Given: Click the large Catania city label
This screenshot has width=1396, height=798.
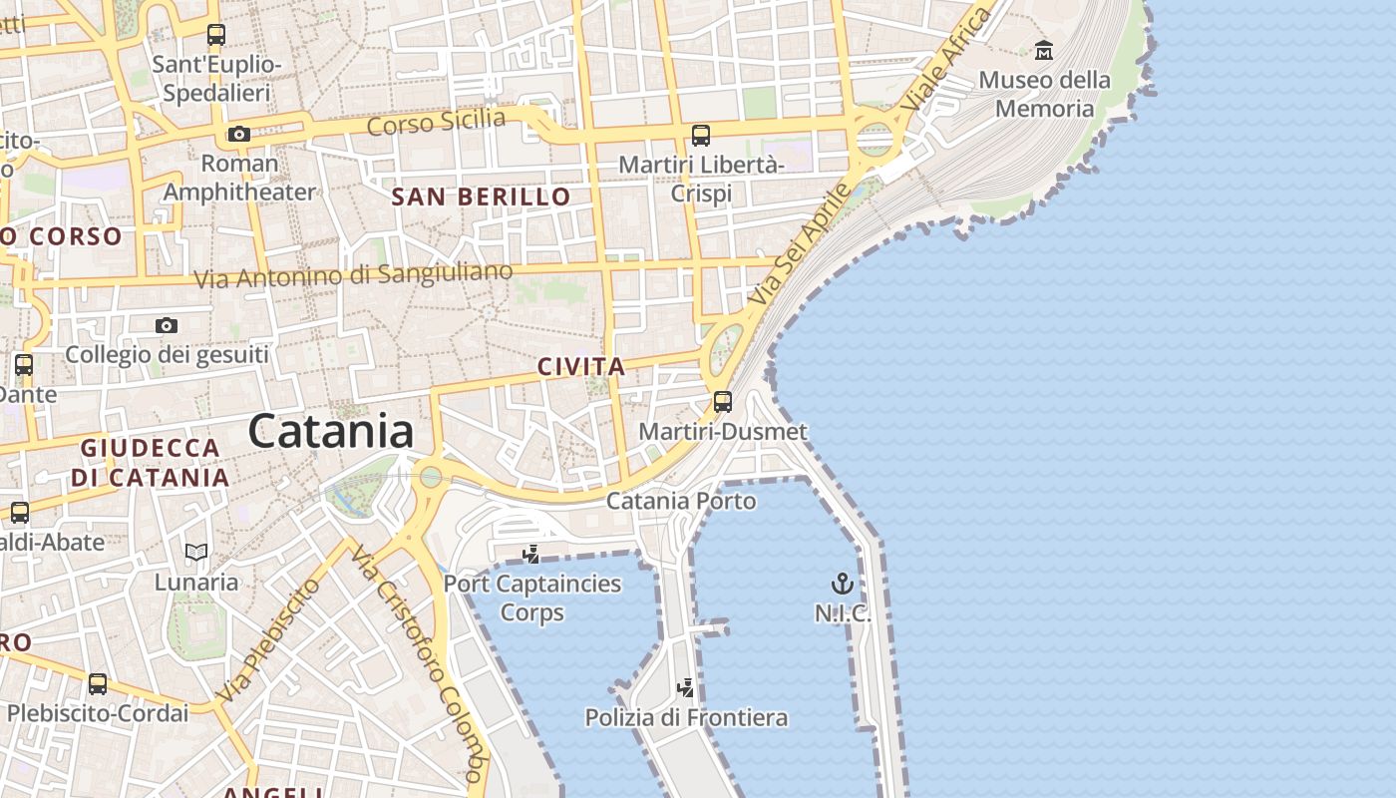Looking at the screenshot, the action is pyautogui.click(x=330, y=431).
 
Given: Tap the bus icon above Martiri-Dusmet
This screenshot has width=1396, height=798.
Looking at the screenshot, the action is pyautogui.click(x=723, y=402).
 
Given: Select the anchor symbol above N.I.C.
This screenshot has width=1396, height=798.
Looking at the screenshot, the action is pyautogui.click(x=843, y=584).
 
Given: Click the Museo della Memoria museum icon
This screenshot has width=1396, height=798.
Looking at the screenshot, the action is pyautogui.click(x=1044, y=49).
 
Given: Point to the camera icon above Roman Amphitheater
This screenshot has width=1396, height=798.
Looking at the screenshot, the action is pyautogui.click(x=238, y=134).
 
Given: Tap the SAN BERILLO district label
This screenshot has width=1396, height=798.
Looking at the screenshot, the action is pyautogui.click(x=481, y=197).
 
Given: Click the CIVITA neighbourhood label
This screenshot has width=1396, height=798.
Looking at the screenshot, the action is pyautogui.click(x=581, y=366).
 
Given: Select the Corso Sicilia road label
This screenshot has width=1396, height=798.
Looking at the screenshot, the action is pyautogui.click(x=436, y=122).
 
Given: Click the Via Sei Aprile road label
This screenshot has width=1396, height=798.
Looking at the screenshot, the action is pyautogui.click(x=800, y=244).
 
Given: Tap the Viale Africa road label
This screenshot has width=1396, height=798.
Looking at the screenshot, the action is pyautogui.click(x=946, y=60).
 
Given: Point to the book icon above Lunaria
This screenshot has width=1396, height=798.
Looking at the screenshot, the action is pyautogui.click(x=196, y=552).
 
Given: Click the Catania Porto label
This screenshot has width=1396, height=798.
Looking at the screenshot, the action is pyautogui.click(x=681, y=500).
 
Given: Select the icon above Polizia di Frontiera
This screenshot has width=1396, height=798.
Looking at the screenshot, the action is pyautogui.click(x=685, y=687).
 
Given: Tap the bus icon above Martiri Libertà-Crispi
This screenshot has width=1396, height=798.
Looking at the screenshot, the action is pyautogui.click(x=701, y=135).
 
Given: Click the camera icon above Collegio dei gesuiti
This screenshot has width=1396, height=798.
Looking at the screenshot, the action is pyautogui.click(x=167, y=325).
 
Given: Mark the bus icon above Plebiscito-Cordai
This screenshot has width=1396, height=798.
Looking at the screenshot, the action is pyautogui.click(x=98, y=684).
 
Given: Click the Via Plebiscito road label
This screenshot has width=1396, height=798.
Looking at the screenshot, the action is pyautogui.click(x=268, y=638).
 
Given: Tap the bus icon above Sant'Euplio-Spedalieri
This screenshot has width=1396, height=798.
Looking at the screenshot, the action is pyautogui.click(x=216, y=35).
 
